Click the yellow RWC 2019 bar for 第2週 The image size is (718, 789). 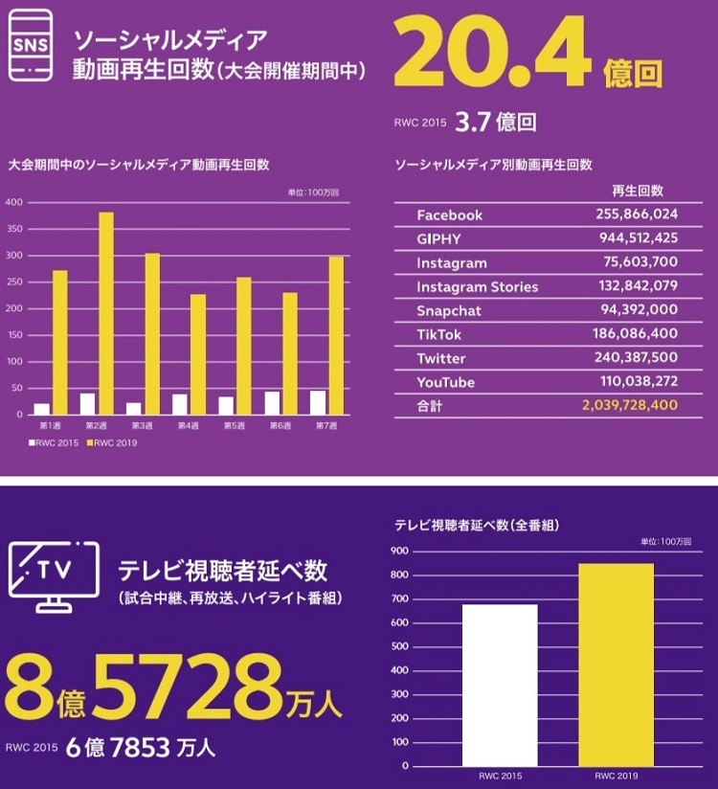(106, 313)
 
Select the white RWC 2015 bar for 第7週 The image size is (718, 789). (318, 402)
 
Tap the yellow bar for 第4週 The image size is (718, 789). (198, 354)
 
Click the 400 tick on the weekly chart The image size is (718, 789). (14, 202)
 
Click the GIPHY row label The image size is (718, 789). (438, 239)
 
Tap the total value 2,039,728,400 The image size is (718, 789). (629, 406)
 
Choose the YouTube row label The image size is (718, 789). (445, 382)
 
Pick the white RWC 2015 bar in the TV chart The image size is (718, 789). (500, 685)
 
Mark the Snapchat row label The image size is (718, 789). (448, 310)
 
